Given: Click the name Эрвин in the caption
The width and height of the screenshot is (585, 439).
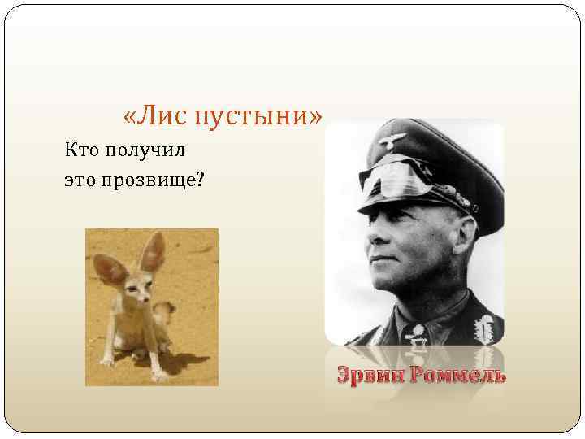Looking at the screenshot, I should pos(370,375).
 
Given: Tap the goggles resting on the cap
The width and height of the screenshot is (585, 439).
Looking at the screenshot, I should pos(406,175).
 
